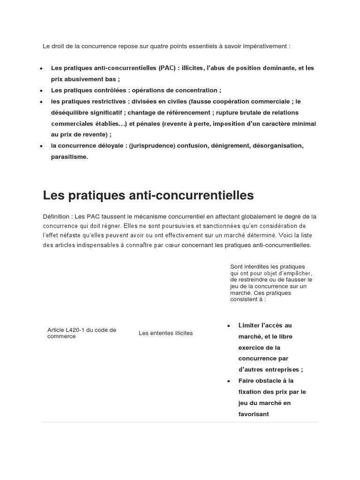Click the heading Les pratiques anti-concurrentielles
pyautogui.click(x=148, y=195)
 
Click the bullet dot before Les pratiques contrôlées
pyautogui.click(x=42, y=90)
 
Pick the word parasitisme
pyautogui.click(x=69, y=157)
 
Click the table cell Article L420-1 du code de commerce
pyautogui.click(x=82, y=333)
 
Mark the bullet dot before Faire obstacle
pyautogui.click(x=228, y=381)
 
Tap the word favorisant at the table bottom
pyautogui.click(x=254, y=414)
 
